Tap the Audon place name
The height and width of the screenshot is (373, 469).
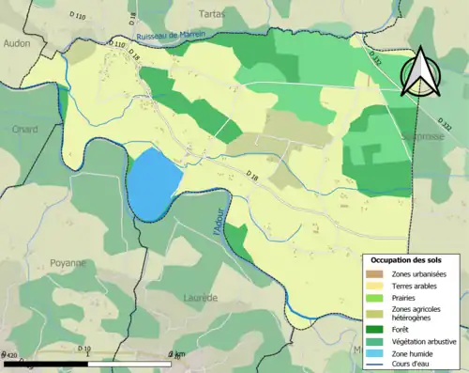click(x=17, y=42)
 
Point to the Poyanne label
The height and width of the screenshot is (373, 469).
click(x=68, y=264)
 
